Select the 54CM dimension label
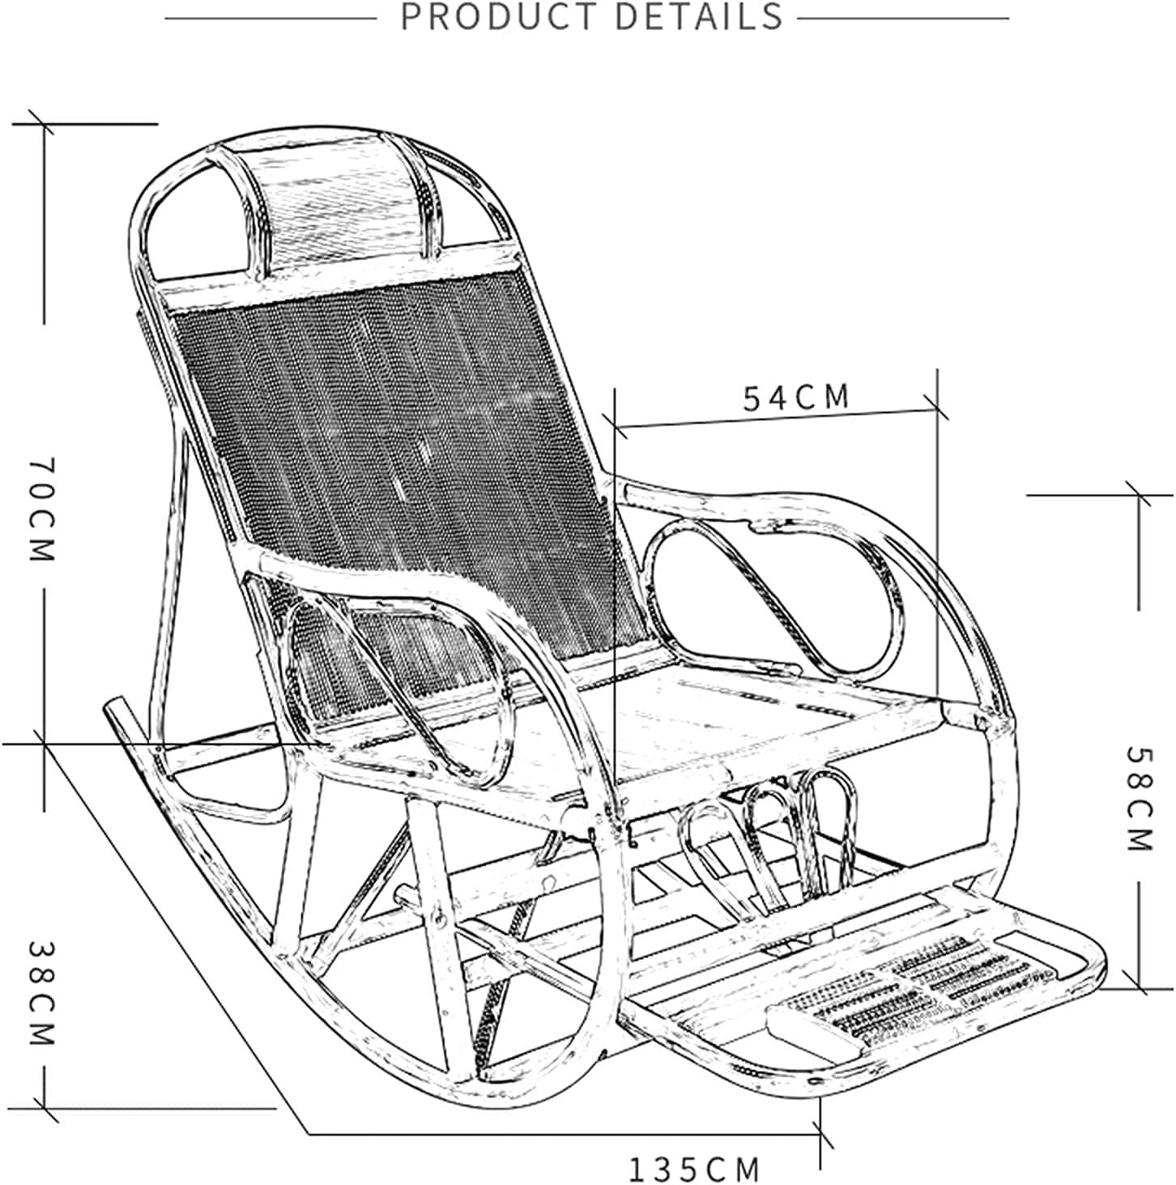pos(797,397)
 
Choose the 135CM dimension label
pos(695,1169)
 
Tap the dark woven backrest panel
pos(397,454)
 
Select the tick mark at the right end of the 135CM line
pos(821,1133)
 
